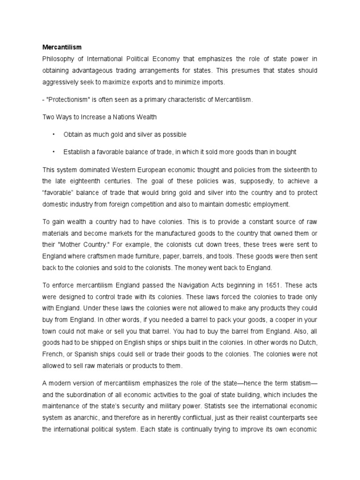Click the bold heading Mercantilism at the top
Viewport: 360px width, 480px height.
[x=62, y=47]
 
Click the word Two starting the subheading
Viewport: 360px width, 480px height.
[x=49, y=117]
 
